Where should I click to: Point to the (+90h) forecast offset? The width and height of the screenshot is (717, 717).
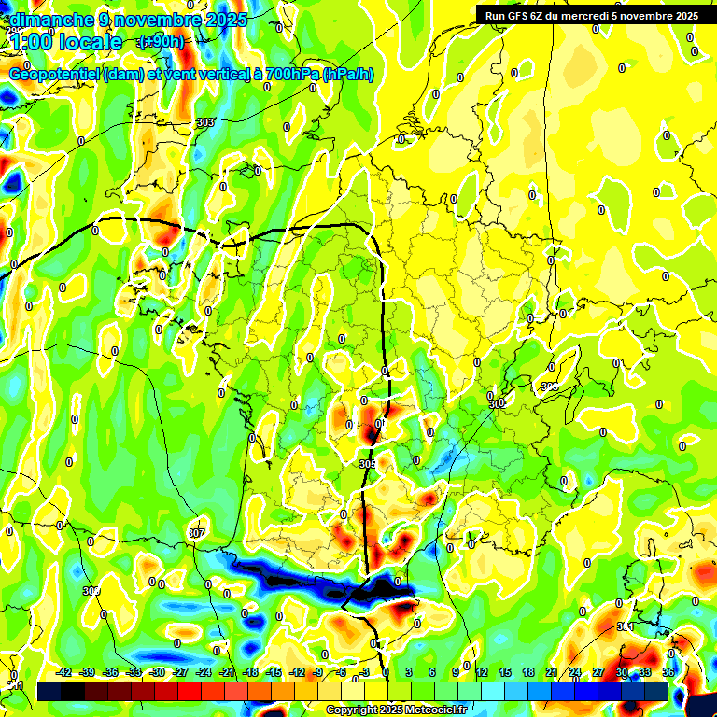tap(161, 42)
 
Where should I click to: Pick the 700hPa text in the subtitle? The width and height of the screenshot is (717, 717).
tap(297, 75)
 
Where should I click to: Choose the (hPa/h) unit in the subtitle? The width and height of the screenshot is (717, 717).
tap(348, 75)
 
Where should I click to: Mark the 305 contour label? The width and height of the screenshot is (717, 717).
tap(368, 463)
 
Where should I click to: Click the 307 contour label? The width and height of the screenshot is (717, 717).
tap(196, 533)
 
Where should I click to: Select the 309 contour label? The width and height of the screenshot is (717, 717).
tap(91, 591)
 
